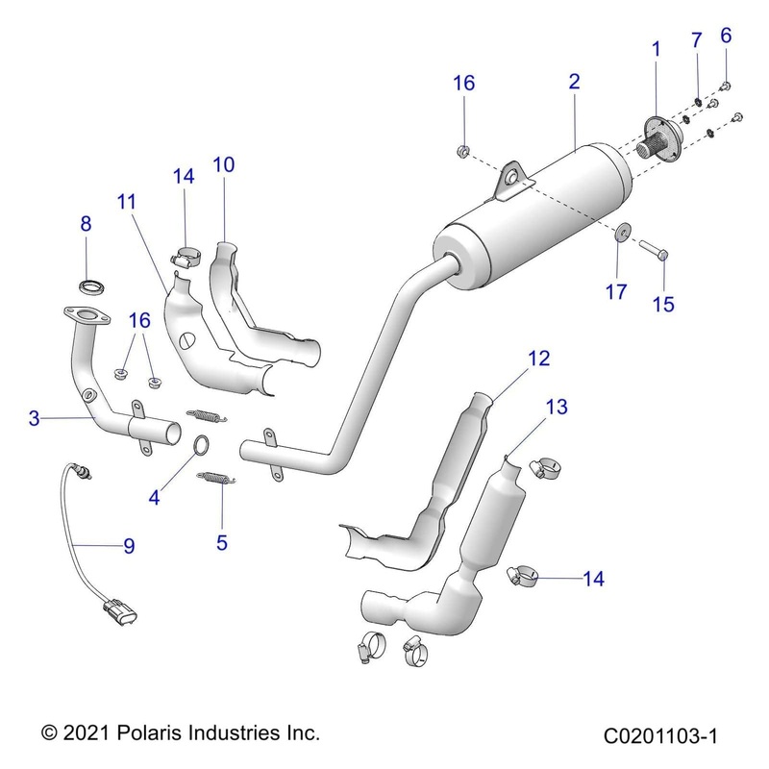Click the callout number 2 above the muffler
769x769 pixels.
tap(574, 82)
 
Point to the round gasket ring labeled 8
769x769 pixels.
tap(91, 285)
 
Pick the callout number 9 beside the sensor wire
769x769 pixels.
tap(128, 546)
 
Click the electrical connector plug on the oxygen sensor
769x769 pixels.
tap(117, 609)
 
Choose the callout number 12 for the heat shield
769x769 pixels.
tap(538, 359)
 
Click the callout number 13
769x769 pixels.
tap(558, 408)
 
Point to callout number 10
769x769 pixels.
tap(223, 164)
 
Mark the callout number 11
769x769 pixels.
tap(127, 202)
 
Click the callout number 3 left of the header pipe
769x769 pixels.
tap(34, 418)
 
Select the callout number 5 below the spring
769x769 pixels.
tap(222, 542)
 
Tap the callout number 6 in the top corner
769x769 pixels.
tap(726, 37)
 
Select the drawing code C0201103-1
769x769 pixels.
tap(661, 736)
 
